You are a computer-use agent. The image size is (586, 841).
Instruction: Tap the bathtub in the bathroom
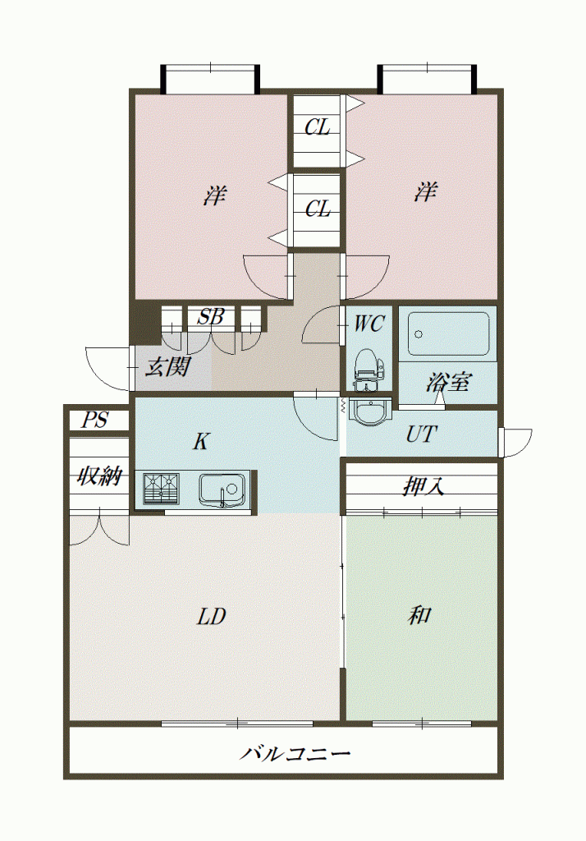[x=448, y=334]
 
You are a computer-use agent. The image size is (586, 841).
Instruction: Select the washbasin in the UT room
[x=369, y=412]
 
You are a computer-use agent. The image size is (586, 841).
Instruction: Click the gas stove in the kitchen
[x=162, y=488]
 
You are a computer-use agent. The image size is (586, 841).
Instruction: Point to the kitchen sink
[x=222, y=489]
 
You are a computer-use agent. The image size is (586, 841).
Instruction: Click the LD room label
[x=211, y=617]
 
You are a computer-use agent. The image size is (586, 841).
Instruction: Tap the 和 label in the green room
[x=419, y=614]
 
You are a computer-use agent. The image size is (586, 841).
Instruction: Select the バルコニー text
[x=295, y=754]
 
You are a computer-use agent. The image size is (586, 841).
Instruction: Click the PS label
[x=95, y=420]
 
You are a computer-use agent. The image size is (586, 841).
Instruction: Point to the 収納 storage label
[x=99, y=476]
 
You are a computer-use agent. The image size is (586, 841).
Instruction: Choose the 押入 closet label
[x=423, y=486]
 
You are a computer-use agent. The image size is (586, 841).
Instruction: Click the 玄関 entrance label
[x=167, y=367]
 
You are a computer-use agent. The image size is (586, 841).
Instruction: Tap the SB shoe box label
[x=210, y=317]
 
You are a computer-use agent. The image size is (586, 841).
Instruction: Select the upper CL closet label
[x=318, y=127]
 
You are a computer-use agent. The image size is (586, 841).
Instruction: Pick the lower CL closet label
[x=318, y=209]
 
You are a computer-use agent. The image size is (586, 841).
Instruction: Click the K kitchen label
[x=200, y=441]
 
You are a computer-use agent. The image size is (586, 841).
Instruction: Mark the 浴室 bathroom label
[x=449, y=382]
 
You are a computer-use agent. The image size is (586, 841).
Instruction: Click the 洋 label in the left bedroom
[x=214, y=195]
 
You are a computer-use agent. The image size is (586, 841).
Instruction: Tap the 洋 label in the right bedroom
[x=425, y=191]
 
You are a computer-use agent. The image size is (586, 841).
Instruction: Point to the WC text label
[x=369, y=324]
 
